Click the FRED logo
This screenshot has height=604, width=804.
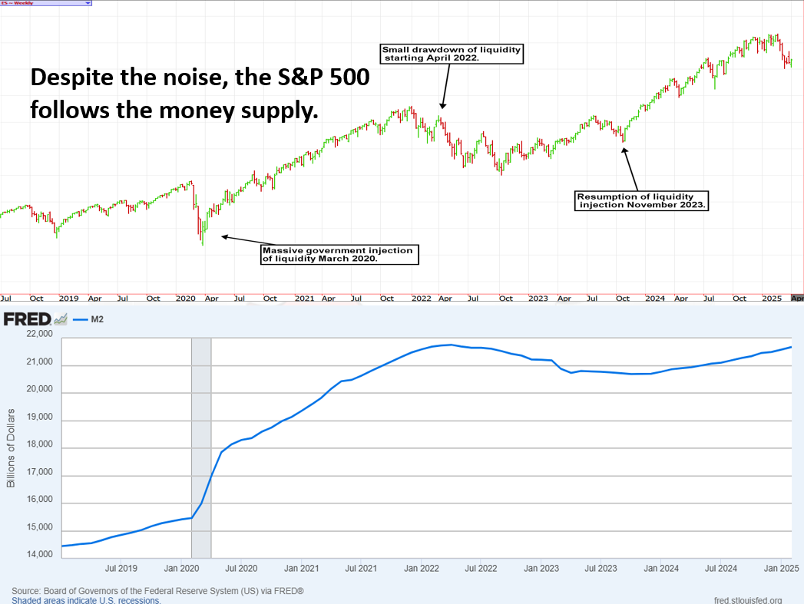[28, 319]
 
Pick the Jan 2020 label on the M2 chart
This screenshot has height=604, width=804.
[181, 569]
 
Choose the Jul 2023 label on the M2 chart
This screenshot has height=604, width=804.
[601, 569]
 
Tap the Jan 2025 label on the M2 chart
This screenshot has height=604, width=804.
[780, 569]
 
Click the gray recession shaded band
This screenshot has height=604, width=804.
[200, 445]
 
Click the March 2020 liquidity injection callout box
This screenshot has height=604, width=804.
[340, 254]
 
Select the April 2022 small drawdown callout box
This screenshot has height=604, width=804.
[452, 54]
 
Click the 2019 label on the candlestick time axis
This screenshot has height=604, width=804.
[68, 298]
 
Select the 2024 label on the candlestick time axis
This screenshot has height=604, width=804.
[655, 298]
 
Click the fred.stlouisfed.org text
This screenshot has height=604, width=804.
[747, 600]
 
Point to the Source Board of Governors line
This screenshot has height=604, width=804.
[157, 591]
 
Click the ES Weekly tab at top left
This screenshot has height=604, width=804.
[46, 3]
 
